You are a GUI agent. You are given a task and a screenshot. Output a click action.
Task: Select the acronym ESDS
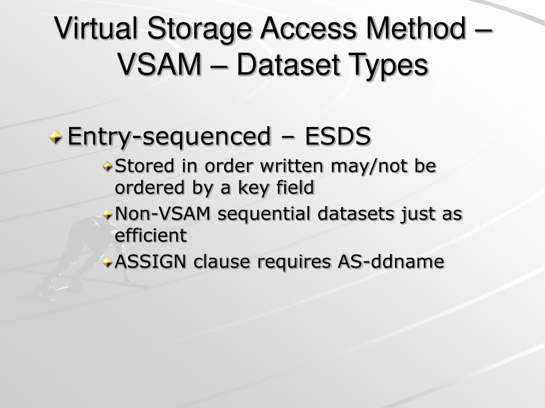pyautogui.click(x=337, y=137)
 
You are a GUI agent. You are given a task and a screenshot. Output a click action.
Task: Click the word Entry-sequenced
pyautogui.click(x=169, y=137)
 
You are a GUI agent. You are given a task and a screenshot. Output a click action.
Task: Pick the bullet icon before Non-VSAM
pyautogui.click(x=108, y=215)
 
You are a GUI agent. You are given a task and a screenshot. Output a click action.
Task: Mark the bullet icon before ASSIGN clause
pyautogui.click(x=108, y=262)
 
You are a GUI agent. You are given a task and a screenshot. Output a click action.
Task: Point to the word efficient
pyautogui.click(x=151, y=235)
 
